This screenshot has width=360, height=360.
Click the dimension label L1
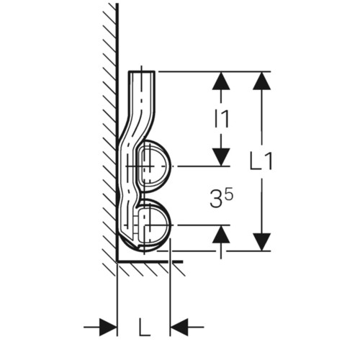(x=261, y=161)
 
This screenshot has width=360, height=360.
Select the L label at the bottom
(x=144, y=327)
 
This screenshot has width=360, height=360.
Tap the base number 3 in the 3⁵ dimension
(x=215, y=199)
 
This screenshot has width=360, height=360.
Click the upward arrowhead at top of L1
(x=261, y=81)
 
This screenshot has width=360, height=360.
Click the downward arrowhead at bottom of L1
(x=261, y=242)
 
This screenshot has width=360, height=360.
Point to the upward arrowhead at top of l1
(x=221, y=81)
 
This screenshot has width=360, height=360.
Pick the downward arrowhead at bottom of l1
(x=221, y=157)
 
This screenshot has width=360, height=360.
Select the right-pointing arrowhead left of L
(x=108, y=327)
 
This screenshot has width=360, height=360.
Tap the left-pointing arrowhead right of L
(x=179, y=327)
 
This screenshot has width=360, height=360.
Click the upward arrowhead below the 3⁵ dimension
(x=221, y=235)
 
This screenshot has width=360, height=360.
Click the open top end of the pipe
(x=142, y=71)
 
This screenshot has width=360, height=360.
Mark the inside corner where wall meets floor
(x=117, y=261)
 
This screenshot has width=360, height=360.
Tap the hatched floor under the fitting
(x=150, y=269)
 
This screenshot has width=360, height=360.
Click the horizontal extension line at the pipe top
(x=213, y=71)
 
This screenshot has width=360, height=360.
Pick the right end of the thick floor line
(x=183, y=261)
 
